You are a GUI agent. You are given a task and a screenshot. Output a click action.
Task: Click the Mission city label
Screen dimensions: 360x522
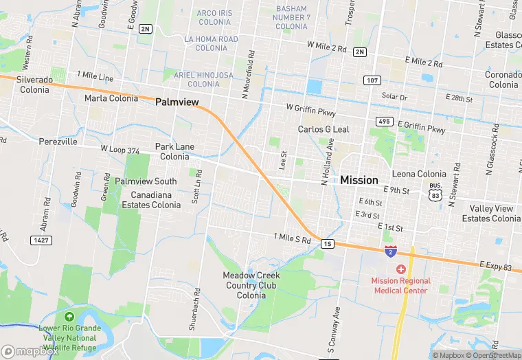pos(359,180)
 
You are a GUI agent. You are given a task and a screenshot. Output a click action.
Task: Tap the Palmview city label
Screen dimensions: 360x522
pos(177,102)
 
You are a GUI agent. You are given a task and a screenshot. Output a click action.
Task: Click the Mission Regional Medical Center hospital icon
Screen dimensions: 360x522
pos(401,269)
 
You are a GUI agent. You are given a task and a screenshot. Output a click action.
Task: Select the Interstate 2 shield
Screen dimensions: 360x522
pos(391,251)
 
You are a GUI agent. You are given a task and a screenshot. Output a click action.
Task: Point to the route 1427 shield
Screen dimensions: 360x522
pos(41,240)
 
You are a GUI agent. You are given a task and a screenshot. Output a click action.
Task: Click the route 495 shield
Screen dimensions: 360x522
pos(384,122)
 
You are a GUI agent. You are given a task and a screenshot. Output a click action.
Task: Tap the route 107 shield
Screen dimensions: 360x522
pos(372,80)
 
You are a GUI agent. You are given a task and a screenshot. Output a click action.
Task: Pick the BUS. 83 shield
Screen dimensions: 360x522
pos(435,190)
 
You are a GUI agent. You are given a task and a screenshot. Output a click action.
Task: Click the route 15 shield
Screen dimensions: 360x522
pos(328,244)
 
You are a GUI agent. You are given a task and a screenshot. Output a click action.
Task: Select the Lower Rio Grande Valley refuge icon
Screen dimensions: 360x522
pos(69,317)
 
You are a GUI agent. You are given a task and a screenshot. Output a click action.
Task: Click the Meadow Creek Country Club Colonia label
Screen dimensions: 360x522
pos(252,285)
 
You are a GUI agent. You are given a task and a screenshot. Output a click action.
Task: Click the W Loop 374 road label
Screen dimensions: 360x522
pos(120,149)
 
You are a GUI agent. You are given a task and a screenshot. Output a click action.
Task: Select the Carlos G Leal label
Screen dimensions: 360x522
pos(324,129)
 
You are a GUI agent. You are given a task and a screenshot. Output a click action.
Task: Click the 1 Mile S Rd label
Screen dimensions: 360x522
pos(292,237)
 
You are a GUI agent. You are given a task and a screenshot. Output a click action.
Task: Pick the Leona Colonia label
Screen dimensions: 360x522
pos(419,174)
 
